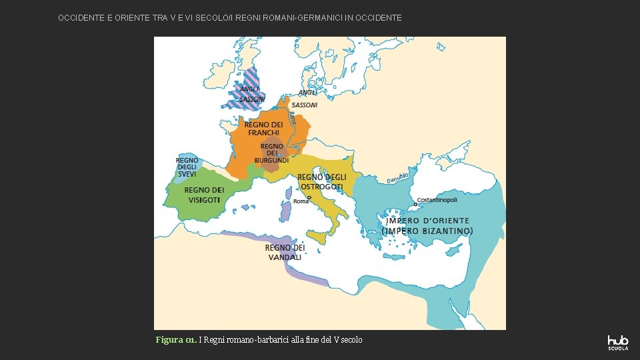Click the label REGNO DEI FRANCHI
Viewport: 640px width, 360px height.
[x=263, y=129]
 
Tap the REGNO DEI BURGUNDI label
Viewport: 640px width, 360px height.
[x=271, y=153]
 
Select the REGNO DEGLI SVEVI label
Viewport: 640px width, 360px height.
[x=187, y=167]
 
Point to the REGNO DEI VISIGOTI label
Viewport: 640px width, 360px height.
[x=204, y=195]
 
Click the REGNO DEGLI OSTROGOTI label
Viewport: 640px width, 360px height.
[x=322, y=182]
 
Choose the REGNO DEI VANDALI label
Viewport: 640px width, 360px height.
[x=285, y=252]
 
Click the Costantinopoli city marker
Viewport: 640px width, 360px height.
[x=415, y=205]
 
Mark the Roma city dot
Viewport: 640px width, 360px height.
[x=309, y=197]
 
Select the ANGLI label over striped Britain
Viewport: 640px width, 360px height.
[x=249, y=89]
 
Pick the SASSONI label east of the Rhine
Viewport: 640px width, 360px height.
[x=305, y=105]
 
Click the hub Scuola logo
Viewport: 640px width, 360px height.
[x=617, y=342]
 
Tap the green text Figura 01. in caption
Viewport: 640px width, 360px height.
[x=175, y=340]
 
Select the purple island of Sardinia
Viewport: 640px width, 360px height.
[x=286, y=211]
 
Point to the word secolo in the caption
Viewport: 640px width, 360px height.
[x=351, y=340]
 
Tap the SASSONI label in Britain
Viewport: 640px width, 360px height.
[x=252, y=99]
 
